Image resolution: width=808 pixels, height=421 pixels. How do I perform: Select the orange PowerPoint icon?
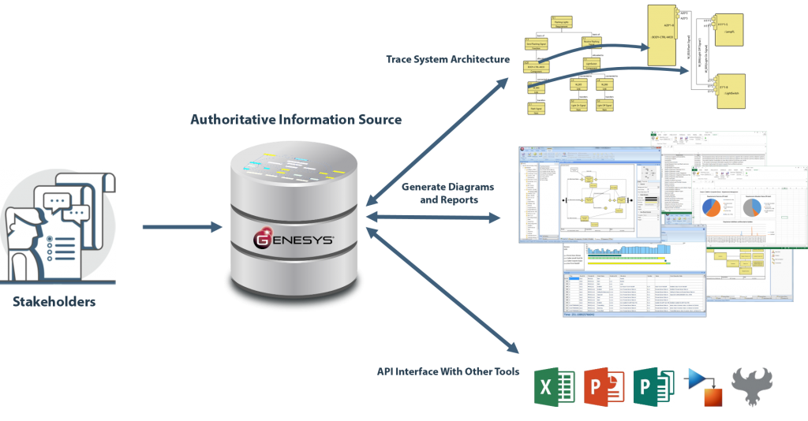point(604,386)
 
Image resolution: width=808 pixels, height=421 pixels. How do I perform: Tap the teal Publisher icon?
point(654,386)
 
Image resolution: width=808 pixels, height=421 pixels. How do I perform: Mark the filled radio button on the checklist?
point(51,237)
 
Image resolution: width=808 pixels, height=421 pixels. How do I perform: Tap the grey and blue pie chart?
point(750,207)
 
